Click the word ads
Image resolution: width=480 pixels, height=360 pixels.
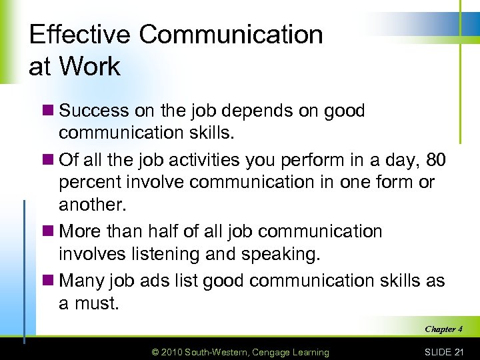point(167,281)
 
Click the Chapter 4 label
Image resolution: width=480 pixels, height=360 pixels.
point(443,329)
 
